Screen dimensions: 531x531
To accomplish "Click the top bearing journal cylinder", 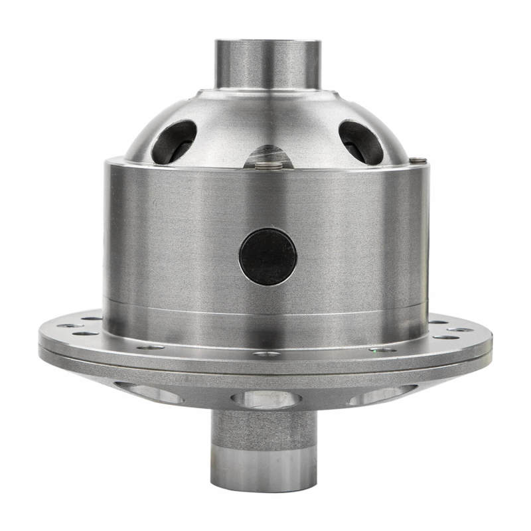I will pos(267,63).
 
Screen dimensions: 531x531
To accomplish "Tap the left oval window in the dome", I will pos(174,141).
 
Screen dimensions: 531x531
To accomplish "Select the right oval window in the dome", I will pos(361,141).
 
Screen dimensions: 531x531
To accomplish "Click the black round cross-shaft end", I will pos(267,257).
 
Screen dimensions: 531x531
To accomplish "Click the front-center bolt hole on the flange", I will pos(267,354).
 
